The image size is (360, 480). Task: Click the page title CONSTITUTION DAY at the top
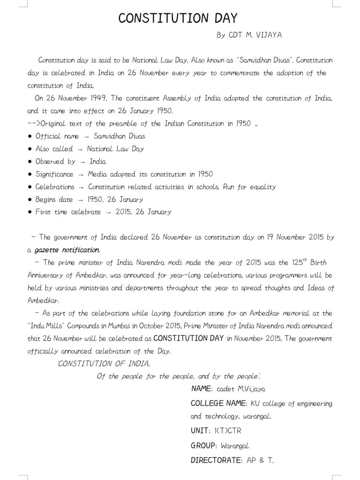coord(178,18)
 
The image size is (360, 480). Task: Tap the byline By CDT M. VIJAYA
coord(249,35)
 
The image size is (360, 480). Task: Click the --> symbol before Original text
coord(34,124)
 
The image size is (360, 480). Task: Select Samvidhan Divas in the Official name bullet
coord(119,136)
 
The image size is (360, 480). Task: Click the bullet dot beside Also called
coord(30,149)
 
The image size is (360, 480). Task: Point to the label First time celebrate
coord(68,212)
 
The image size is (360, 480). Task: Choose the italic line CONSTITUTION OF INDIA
coord(104,364)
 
